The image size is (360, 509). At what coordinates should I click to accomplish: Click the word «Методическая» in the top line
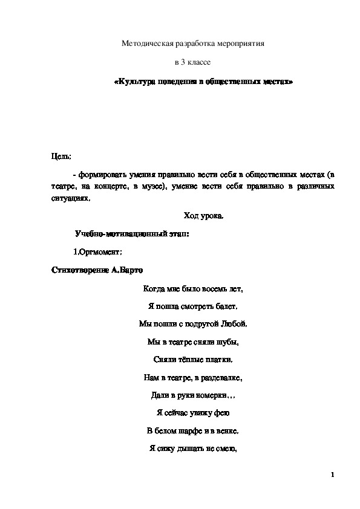click(x=148, y=44)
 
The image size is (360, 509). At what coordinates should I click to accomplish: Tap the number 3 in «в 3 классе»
click(x=183, y=62)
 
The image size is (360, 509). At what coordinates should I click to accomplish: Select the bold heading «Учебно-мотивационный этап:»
click(x=123, y=233)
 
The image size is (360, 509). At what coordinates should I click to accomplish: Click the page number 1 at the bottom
click(x=333, y=475)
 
